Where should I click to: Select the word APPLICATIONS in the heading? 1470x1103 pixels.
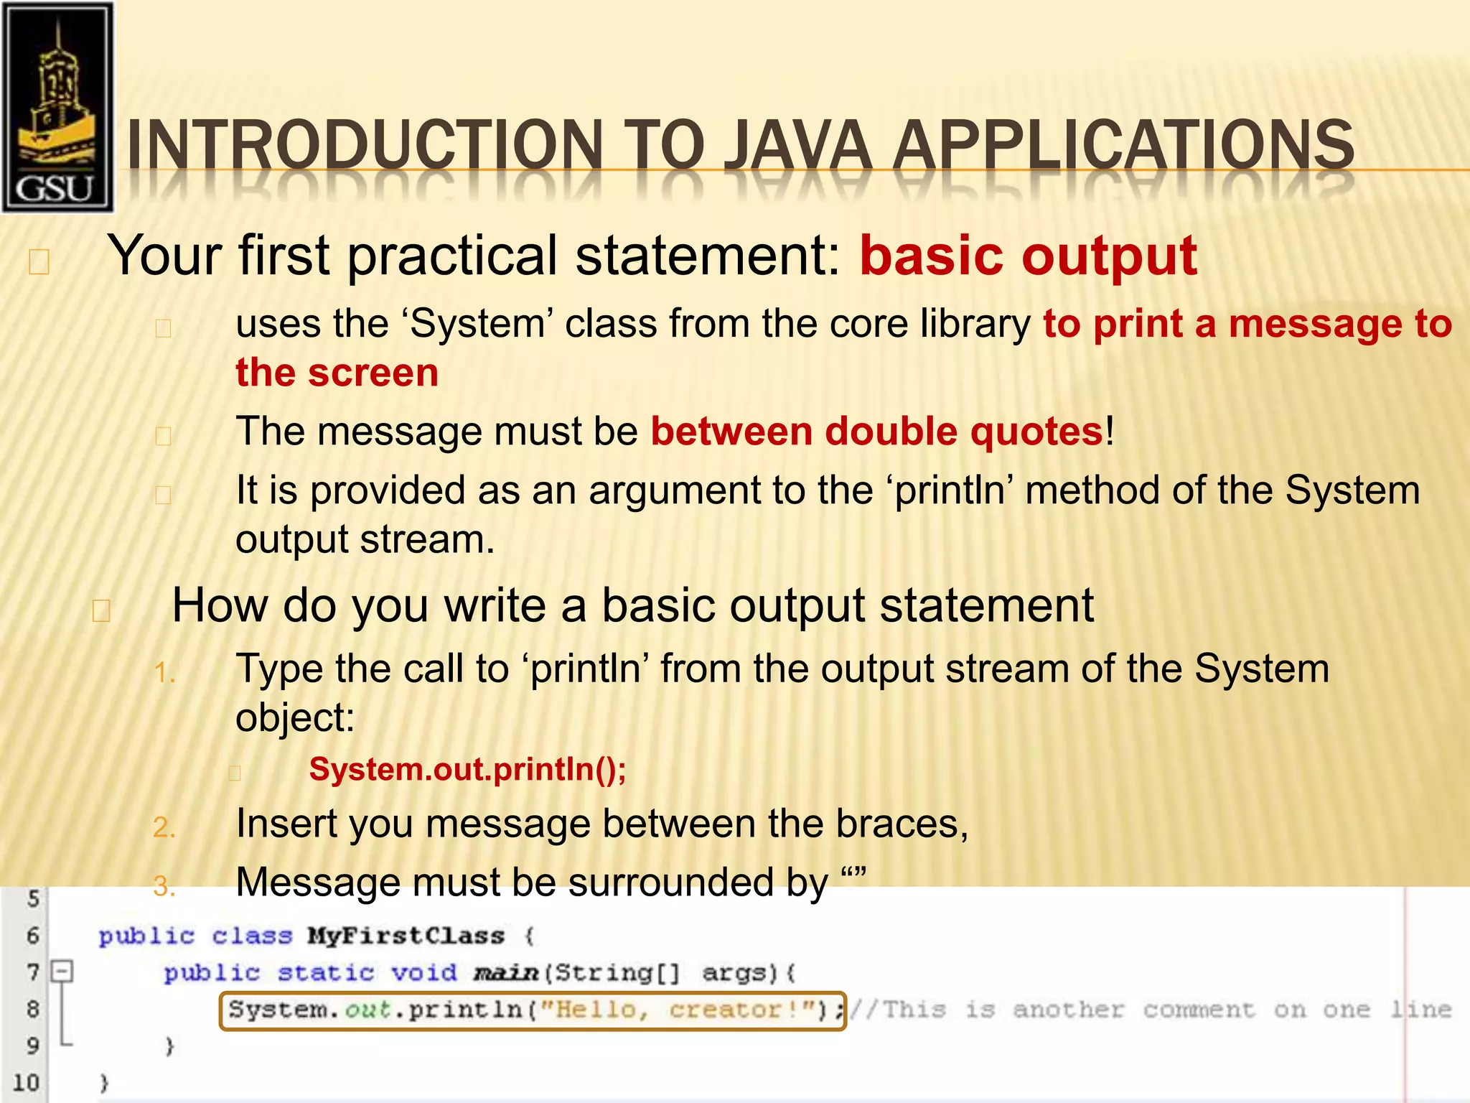[x=1123, y=146]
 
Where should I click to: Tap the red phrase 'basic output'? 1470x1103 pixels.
[x=1028, y=256]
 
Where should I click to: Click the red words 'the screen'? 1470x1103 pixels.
[x=337, y=373]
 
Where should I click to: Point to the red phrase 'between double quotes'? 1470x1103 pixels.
[x=876, y=432]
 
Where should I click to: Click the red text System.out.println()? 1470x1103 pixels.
[x=467, y=770]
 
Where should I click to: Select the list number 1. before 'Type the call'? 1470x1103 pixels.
[x=164, y=673]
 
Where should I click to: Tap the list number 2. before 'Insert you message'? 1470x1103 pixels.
[x=164, y=827]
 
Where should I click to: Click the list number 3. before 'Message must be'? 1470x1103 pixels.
[x=164, y=886]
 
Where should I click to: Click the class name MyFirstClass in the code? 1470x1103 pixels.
[x=406, y=936]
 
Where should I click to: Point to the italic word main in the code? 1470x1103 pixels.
[x=505, y=973]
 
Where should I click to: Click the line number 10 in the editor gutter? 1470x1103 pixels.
[x=26, y=1082]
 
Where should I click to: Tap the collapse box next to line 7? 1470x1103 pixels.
[x=62, y=972]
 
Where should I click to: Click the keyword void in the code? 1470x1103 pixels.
[x=423, y=973]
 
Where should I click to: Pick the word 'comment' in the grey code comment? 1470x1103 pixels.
[x=1199, y=1010]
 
